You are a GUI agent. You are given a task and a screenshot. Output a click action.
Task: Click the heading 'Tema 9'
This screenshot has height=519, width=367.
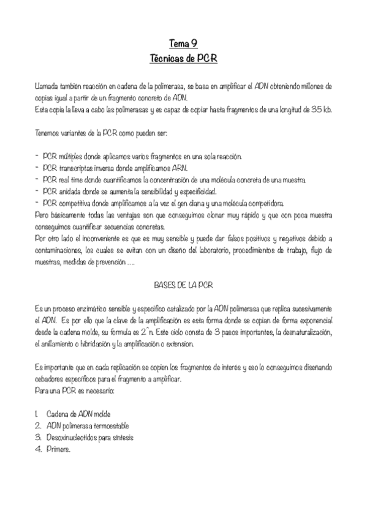(183, 44)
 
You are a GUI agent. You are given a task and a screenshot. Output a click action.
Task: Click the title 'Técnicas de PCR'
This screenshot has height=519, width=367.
(183, 59)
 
